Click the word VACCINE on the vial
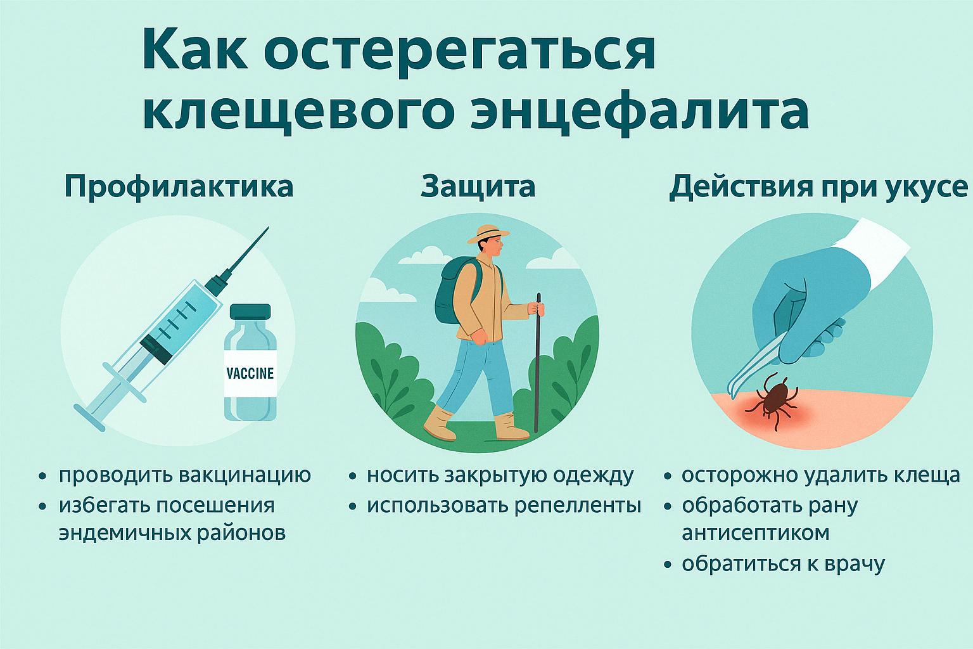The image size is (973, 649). [250, 373]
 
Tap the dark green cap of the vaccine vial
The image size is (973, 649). [250, 311]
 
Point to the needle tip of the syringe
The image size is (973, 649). [268, 228]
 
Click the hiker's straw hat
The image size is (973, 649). [488, 235]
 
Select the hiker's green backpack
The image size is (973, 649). [452, 292]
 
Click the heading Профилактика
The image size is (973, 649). [179, 188]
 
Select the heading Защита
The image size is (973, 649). [478, 188]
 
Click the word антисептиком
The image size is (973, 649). [755, 533]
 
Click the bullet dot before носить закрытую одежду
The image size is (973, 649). [352, 477]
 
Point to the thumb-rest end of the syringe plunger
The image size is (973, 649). [89, 418]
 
